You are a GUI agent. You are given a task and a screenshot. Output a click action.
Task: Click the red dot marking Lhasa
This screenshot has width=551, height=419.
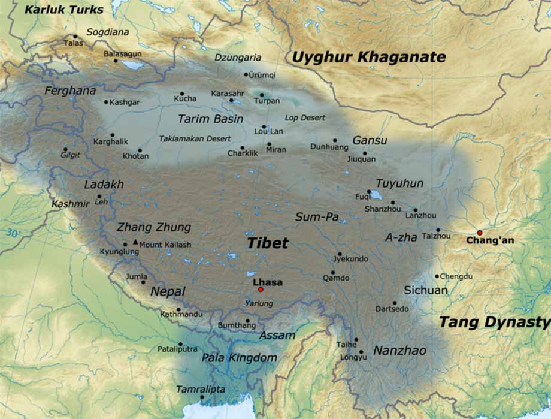pyautogui.click(x=261, y=290)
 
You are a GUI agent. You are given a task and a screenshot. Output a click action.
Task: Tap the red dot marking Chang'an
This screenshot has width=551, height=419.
pyautogui.click(x=479, y=233)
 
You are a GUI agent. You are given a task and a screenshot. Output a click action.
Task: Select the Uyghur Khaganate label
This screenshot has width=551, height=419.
pyautogui.click(x=368, y=58)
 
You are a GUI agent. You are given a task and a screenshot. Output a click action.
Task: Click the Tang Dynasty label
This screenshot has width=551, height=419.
pyautogui.click(x=494, y=322)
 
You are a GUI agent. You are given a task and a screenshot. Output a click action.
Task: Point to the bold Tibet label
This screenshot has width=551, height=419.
pyautogui.click(x=268, y=243)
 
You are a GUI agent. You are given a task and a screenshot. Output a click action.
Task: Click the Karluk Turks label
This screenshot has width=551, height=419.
pyautogui.click(x=64, y=10)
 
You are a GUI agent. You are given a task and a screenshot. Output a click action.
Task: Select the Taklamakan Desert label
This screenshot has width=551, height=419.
pyautogui.click(x=195, y=138)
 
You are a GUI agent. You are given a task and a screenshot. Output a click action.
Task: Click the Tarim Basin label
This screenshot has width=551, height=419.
pyautogui.click(x=210, y=119)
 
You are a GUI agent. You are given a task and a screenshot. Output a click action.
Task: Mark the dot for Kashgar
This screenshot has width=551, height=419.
pyautogui.click(x=106, y=102)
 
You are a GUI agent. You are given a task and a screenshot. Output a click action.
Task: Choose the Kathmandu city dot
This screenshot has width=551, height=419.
pyautogui.click(x=178, y=309)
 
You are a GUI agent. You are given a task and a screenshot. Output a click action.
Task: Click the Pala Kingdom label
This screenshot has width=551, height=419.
pyautogui.click(x=239, y=358)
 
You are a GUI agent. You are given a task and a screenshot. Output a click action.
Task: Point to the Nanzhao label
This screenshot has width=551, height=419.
pyautogui.click(x=399, y=351)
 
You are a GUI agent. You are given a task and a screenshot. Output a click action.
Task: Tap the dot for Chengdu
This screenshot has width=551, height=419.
pyautogui.click(x=437, y=276)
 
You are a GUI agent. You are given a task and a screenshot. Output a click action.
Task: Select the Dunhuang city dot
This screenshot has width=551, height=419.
pyautogui.click(x=335, y=140)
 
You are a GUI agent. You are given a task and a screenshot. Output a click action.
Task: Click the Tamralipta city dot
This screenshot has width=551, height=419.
pyautogui.click(x=202, y=397)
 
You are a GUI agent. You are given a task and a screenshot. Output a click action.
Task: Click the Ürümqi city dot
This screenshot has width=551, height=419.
pyautogui.click(x=246, y=74)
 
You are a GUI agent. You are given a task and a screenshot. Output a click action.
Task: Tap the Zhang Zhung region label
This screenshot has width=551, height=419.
pyautogui.click(x=153, y=227)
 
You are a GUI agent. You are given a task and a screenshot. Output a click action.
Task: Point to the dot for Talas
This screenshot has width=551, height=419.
pyautogui.click(x=75, y=37)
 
